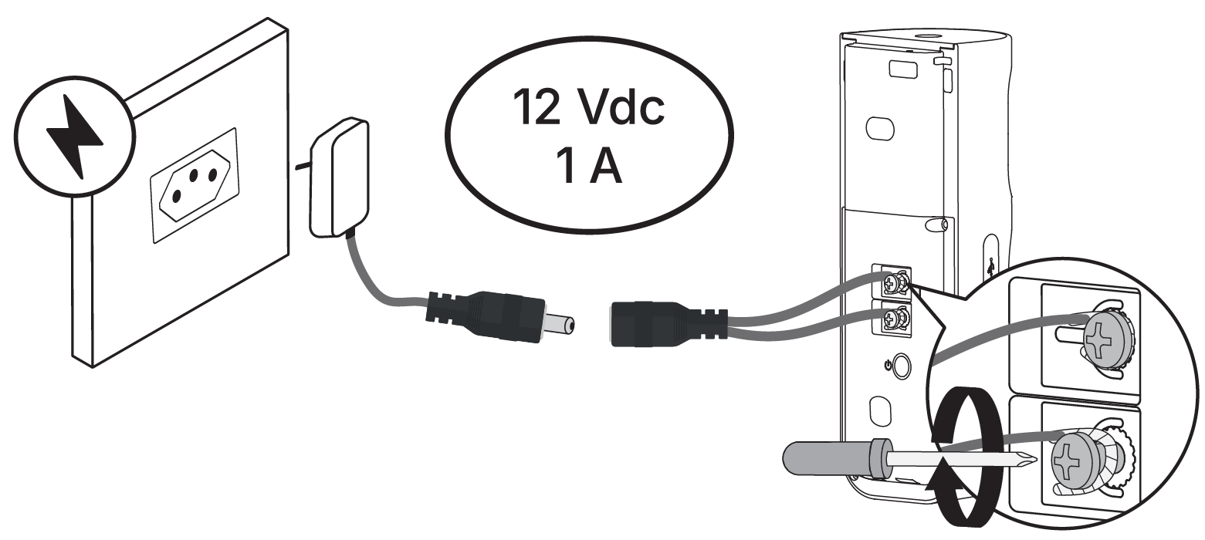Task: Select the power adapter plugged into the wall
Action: tap(338, 177)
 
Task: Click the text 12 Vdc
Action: tap(588, 107)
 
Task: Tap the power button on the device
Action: tap(902, 366)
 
